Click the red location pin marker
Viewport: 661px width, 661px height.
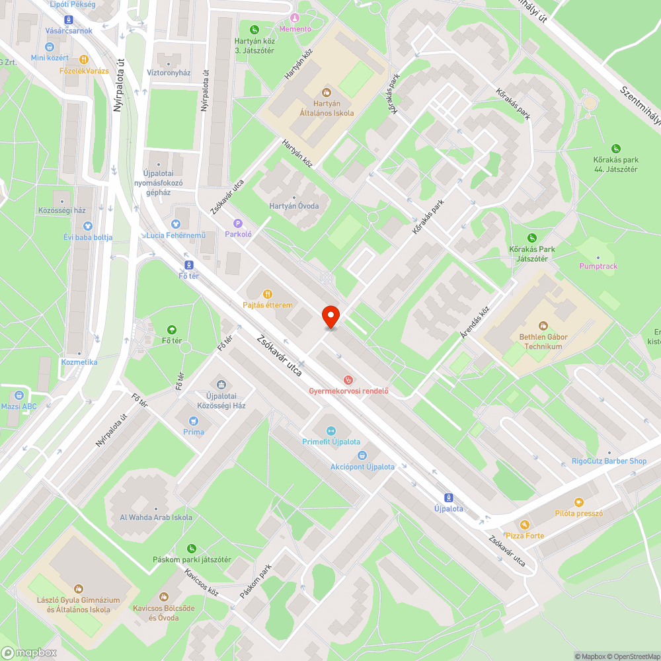330,317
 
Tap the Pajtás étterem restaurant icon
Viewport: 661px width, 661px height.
267,294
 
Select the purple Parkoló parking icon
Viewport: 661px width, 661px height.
238,223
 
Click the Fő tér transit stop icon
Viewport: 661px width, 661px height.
189,264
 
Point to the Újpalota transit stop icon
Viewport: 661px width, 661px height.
449,498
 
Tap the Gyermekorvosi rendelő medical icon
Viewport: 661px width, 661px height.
348,380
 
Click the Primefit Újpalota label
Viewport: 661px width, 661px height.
330,442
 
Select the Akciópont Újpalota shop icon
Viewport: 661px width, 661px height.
362,455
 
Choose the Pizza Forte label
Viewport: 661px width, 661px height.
524,535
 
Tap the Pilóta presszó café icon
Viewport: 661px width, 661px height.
579,502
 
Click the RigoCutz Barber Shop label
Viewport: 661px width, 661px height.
609,461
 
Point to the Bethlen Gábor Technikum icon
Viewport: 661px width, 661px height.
543,326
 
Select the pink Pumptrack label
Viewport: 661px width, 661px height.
598,266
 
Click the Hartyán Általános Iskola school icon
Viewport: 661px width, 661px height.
326,93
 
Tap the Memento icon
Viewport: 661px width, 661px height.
295,18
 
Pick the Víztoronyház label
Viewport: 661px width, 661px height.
169,73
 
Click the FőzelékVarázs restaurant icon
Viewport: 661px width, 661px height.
83,59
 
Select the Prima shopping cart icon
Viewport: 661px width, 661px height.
194,420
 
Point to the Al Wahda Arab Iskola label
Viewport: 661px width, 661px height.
156,518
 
